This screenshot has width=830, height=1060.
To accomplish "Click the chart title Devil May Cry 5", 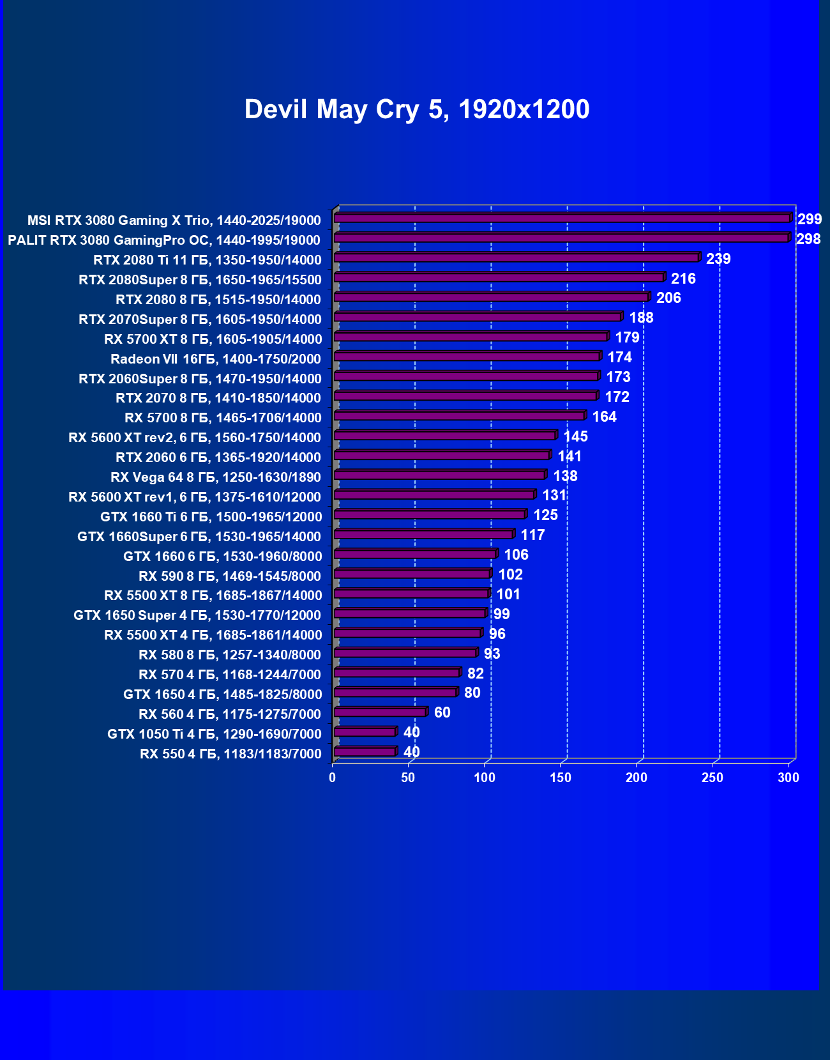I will click(x=416, y=109).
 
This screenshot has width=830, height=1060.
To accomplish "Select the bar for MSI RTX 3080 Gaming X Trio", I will click(x=562, y=219).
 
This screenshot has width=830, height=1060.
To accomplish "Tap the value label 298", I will click(x=808, y=239).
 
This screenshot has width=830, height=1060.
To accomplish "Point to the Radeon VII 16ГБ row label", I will click(x=215, y=359).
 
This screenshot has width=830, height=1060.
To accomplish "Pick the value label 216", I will click(x=683, y=279).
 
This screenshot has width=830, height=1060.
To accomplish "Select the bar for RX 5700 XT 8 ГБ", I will click(x=471, y=337).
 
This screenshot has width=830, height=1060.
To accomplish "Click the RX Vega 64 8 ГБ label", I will click(x=215, y=477).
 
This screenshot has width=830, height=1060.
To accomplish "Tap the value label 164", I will click(x=604, y=417).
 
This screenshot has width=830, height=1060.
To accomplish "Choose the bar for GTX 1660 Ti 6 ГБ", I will click(x=429, y=514).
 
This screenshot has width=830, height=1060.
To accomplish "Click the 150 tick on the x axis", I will click(x=561, y=778).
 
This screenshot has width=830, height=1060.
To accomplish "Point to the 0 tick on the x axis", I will click(x=332, y=778).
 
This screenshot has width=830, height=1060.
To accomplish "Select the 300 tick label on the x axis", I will click(x=788, y=778).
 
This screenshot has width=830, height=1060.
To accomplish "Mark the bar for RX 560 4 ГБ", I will click(x=380, y=712).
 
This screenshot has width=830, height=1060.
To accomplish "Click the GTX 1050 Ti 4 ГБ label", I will click(x=214, y=734).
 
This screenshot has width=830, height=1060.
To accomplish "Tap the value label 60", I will click(x=442, y=712).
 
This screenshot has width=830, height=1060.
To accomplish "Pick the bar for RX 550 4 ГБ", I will click(x=365, y=751).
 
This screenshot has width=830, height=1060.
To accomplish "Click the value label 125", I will click(x=545, y=515).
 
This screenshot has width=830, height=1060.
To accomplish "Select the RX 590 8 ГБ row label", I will click(x=230, y=576).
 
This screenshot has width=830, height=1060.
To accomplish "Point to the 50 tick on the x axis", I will click(x=408, y=778).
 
